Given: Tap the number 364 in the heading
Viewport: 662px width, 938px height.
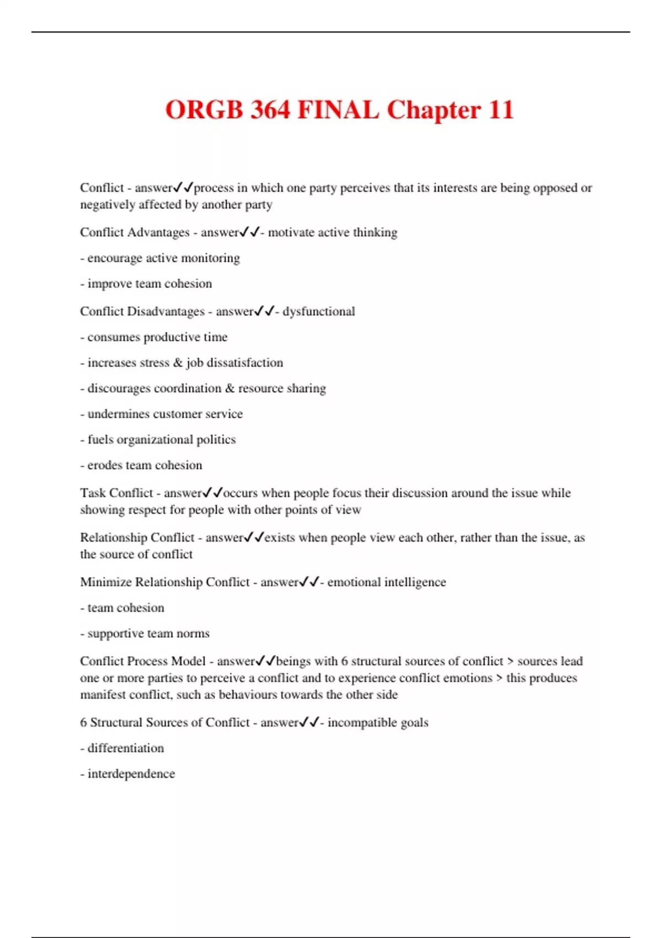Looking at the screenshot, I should [x=270, y=109].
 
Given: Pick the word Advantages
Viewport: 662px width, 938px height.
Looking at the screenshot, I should [x=158, y=232].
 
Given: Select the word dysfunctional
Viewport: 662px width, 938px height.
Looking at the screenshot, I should [x=318, y=312].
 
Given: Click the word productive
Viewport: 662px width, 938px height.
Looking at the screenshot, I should [x=172, y=337].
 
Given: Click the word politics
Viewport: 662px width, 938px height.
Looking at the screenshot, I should [x=216, y=440].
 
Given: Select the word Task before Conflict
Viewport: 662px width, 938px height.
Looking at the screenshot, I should [x=93, y=493].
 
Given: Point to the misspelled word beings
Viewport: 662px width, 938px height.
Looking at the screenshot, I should [x=293, y=661].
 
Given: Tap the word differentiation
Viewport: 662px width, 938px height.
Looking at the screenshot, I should [x=126, y=748].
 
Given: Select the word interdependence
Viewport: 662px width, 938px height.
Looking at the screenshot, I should [x=131, y=774].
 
